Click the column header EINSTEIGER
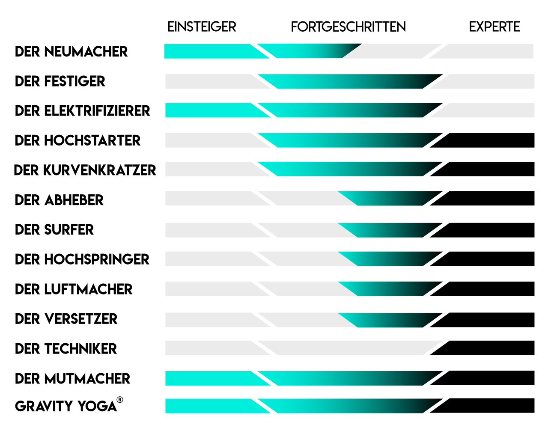point(202,27)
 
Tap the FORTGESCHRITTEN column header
point(348,27)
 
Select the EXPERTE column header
point(494,27)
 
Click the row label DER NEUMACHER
point(71,52)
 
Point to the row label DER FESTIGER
point(60,81)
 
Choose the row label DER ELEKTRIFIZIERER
point(82,111)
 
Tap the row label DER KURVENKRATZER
point(85,170)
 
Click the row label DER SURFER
point(54,230)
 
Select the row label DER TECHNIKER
point(66,349)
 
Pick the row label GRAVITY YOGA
point(66,406)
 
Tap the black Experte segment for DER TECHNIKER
point(488,348)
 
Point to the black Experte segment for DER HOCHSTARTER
point(488,140)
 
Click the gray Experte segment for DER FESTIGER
point(488,81)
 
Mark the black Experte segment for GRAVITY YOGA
point(488,406)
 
